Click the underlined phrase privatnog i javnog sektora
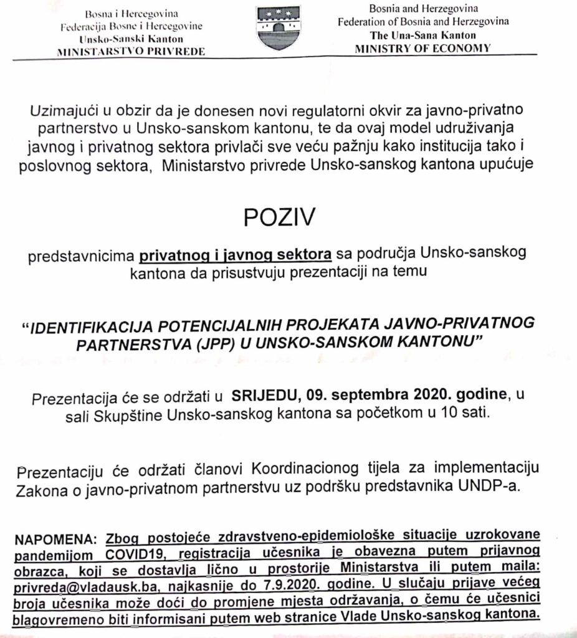tap(236, 254)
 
